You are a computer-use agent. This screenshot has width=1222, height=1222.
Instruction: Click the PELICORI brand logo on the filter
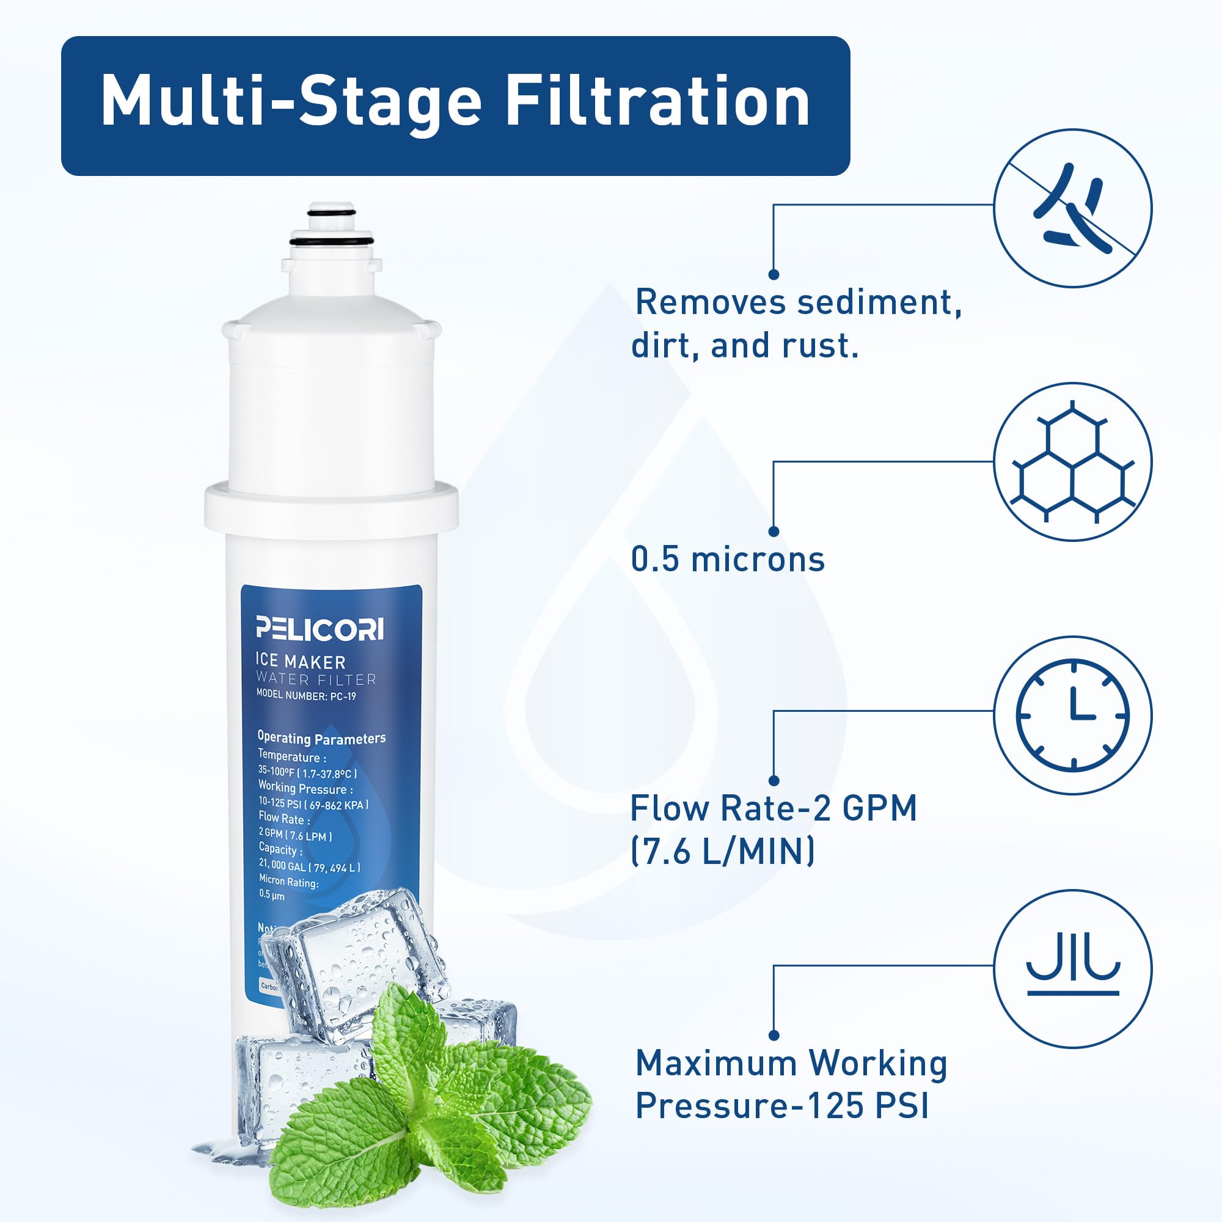pyautogui.click(x=320, y=628)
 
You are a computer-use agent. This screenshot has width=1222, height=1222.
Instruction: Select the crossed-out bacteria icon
pyautogui.click(x=1073, y=208)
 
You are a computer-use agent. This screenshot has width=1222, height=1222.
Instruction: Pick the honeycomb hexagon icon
pyautogui.click(x=1073, y=462)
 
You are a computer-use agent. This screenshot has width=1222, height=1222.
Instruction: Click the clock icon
pyautogui.click(x=1073, y=715)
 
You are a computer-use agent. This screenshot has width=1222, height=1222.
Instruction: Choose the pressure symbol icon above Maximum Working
pyautogui.click(x=1073, y=968)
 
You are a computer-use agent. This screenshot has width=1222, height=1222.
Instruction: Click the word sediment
pyautogui.click(x=879, y=302)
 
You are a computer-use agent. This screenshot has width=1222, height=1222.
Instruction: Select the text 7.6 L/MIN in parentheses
pyautogui.click(x=723, y=851)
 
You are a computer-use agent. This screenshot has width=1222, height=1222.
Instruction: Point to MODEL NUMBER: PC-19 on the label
pyautogui.click(x=305, y=696)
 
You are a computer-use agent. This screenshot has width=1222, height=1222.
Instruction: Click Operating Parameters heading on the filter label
pyautogui.click(x=321, y=738)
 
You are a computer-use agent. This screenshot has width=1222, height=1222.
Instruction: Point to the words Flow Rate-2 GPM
pyautogui.click(x=773, y=808)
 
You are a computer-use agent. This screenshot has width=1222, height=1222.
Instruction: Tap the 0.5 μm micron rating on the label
pyautogui.click(x=272, y=895)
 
